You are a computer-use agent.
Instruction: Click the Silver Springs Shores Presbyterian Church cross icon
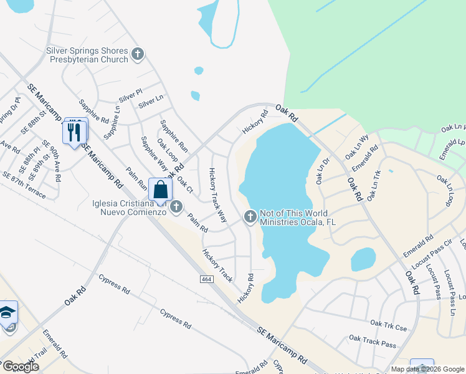click(138, 55)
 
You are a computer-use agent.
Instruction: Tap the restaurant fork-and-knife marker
click(74, 131)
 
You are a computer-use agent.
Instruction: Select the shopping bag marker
click(160, 189)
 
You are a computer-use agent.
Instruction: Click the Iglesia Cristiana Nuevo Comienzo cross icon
click(176, 206)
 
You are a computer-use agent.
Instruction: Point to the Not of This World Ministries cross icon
click(250, 217)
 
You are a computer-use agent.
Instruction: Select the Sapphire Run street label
click(174, 137)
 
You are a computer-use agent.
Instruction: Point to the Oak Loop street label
click(168, 153)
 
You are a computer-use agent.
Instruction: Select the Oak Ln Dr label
click(322, 170)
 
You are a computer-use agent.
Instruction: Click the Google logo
click(21, 367)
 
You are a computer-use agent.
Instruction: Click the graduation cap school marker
click(7, 312)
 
